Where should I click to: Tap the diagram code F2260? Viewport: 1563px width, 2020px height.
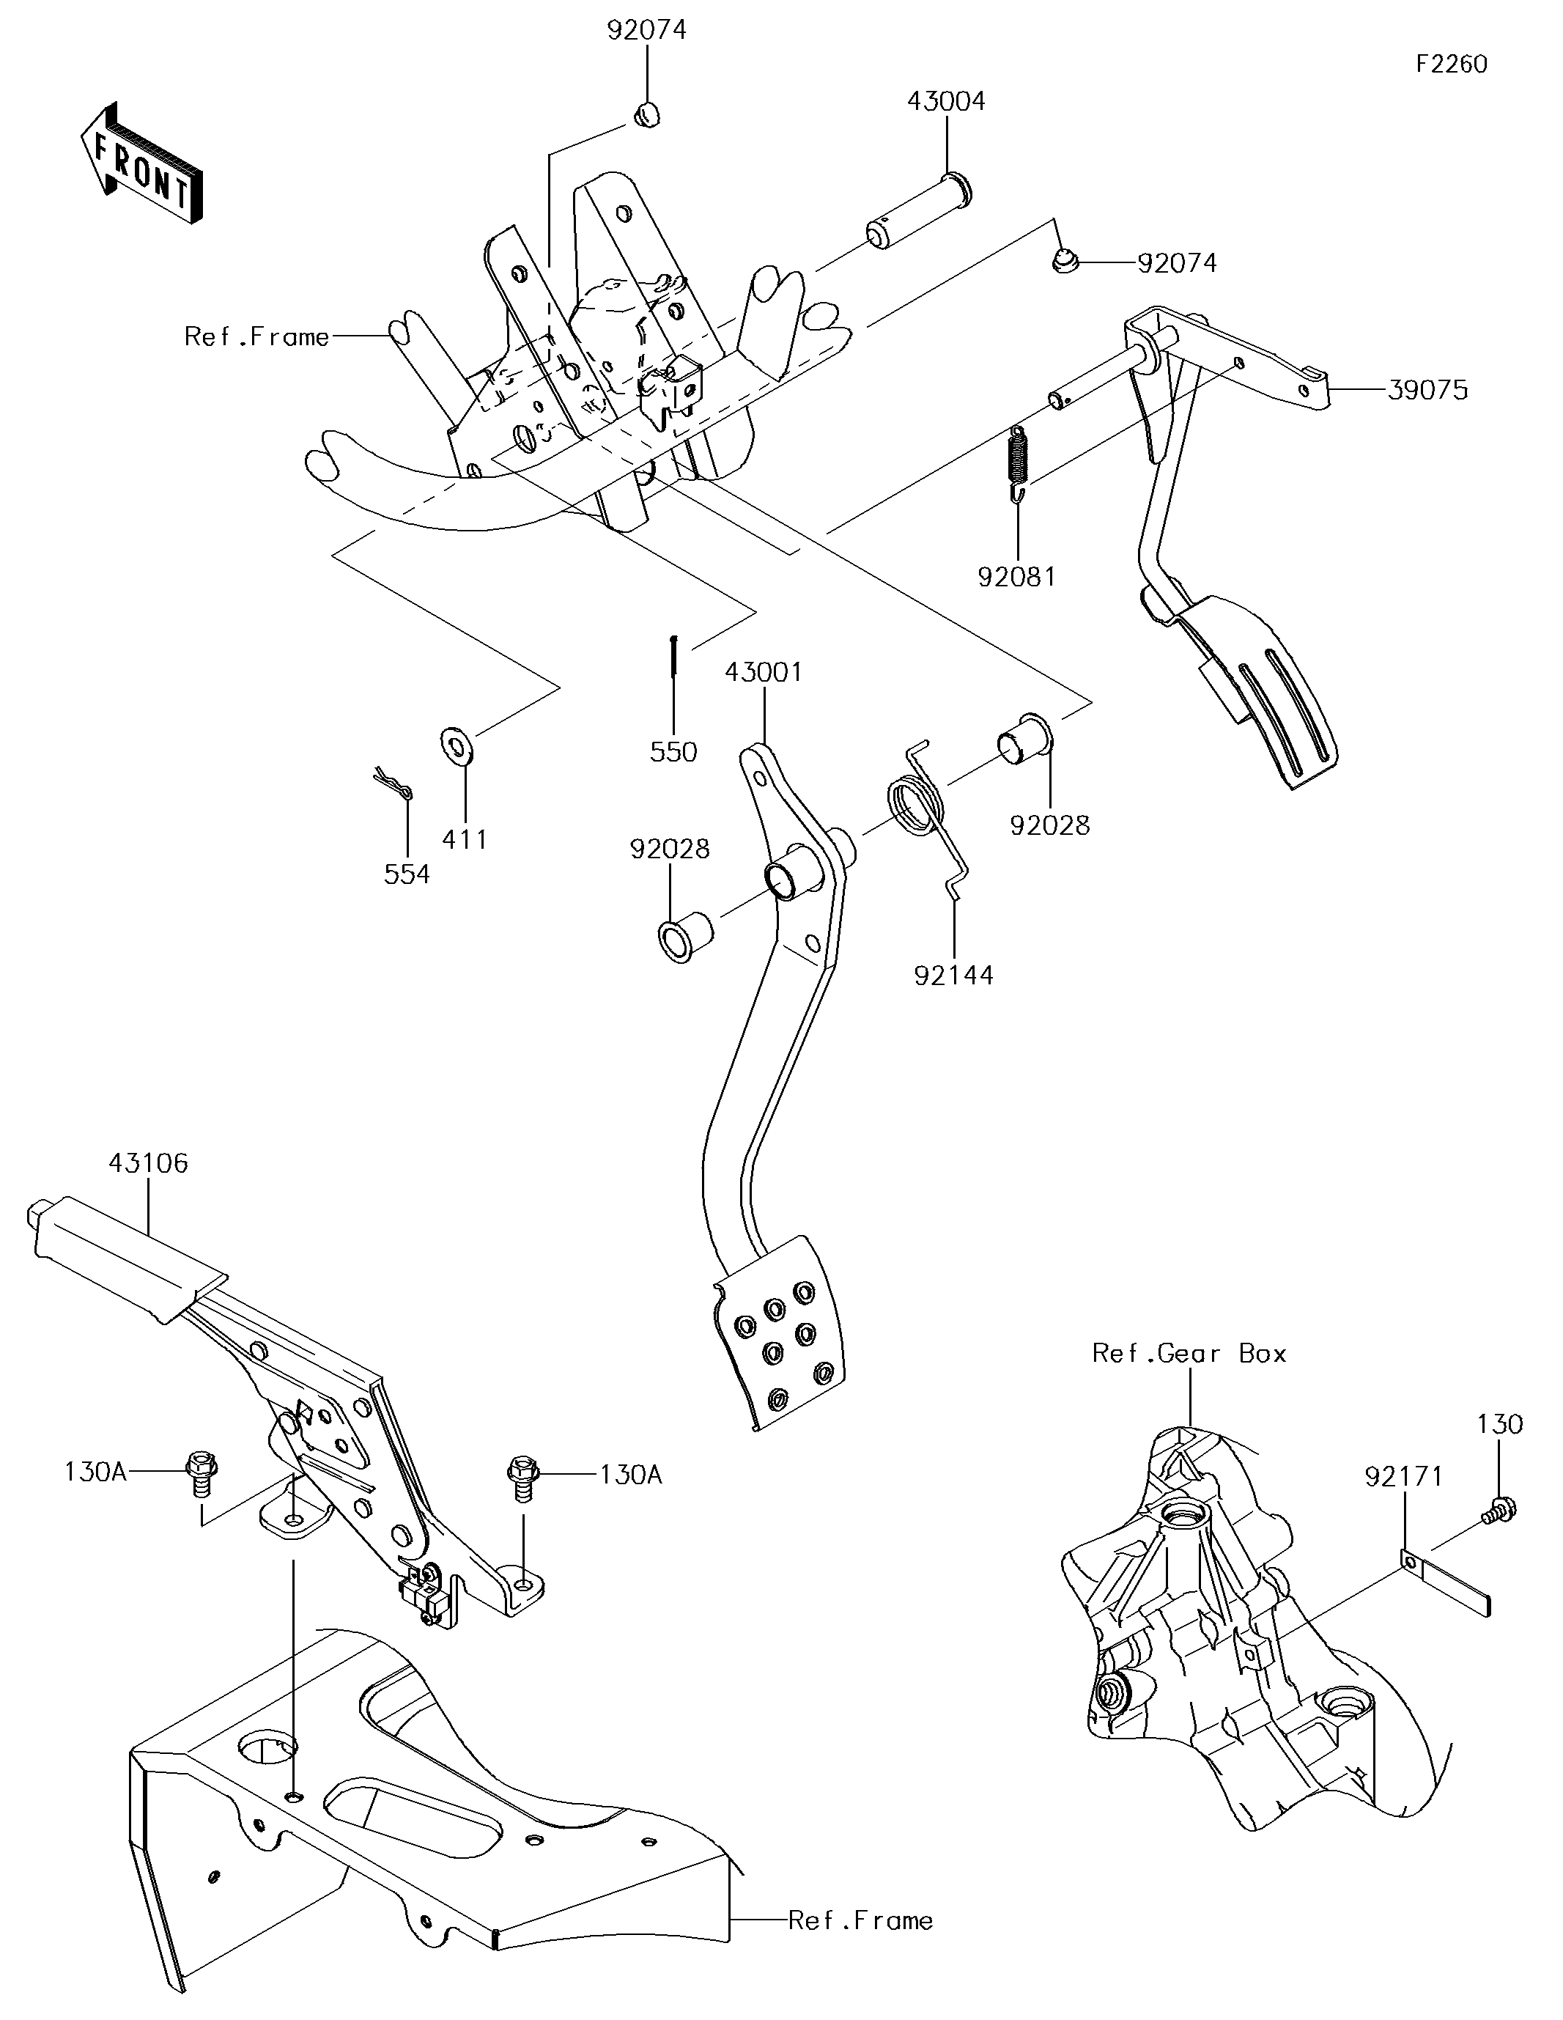click(1451, 64)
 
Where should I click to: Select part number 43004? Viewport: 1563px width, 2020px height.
click(945, 101)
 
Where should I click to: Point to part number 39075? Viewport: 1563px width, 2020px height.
click(1427, 391)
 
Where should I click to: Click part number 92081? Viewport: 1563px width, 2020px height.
click(1016, 577)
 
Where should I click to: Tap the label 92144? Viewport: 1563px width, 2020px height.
click(953, 975)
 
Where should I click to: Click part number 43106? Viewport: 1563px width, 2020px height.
click(148, 1162)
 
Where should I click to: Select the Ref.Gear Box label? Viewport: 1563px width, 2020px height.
click(1189, 1353)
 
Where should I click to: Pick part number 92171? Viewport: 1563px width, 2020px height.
click(1403, 1477)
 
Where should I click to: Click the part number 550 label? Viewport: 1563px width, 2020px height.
click(673, 752)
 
